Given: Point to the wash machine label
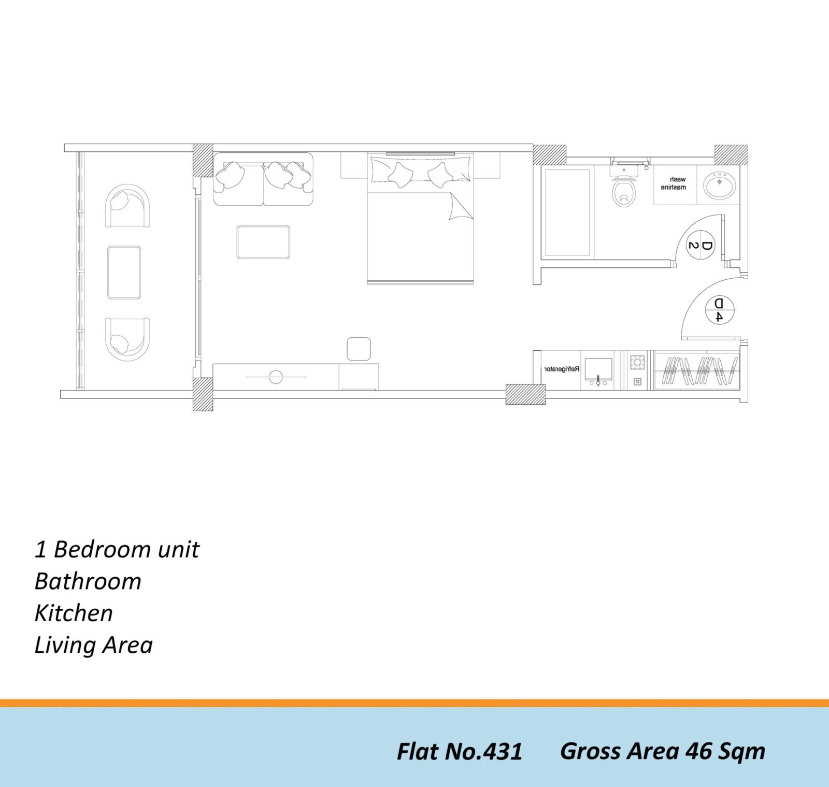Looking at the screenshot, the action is click(674, 183).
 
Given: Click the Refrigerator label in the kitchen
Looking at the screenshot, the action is click(562, 369).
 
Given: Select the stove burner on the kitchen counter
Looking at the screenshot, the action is click(637, 362).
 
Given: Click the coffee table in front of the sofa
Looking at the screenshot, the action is click(263, 242).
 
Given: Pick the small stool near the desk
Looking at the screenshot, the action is click(359, 349).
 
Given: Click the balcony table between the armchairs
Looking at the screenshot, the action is click(124, 273).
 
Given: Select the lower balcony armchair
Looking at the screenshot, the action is click(127, 339).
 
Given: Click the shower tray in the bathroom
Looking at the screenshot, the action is click(567, 212).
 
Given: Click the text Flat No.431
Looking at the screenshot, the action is click(460, 751).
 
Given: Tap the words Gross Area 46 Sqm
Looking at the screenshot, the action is click(663, 752).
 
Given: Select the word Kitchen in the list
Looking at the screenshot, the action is click(74, 613).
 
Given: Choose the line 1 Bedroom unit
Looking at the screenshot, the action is click(117, 549).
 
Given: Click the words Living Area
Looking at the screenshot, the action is click(94, 646).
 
